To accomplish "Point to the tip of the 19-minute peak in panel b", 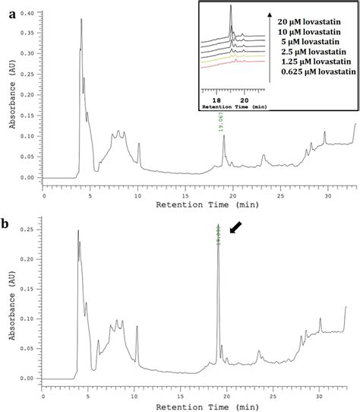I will click(x=218, y=225).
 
